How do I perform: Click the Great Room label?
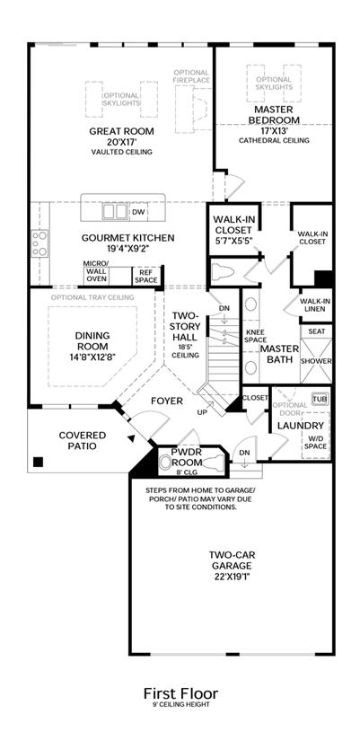point(121,131)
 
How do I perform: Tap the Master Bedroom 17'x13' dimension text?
point(274,131)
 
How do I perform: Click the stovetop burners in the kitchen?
point(40,243)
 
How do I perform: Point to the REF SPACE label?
point(146,276)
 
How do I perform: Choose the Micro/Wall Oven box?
point(97,276)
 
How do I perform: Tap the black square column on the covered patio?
point(39,463)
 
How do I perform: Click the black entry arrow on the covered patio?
point(132,438)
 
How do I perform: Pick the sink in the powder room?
point(164,463)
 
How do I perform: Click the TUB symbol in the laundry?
point(320,400)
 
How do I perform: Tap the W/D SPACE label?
point(316,443)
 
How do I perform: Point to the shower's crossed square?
point(316,360)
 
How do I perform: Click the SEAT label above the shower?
point(317,331)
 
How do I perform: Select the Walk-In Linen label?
point(312,304)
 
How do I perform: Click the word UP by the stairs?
point(202,412)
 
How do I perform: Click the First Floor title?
point(180,693)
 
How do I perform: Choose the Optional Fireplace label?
point(191,76)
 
